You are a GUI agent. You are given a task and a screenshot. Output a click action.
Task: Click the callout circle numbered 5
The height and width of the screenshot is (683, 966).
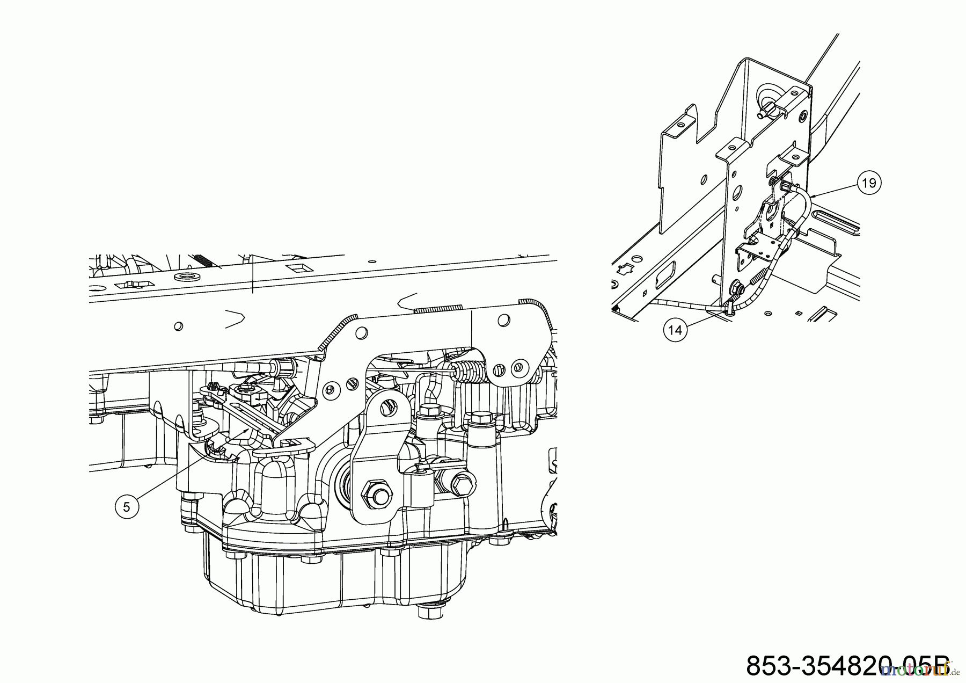coord(127,507)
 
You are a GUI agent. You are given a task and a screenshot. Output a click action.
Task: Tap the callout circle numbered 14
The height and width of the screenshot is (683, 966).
coord(675,330)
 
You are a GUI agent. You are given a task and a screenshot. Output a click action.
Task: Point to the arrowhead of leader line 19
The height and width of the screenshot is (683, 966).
coord(811,197)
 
